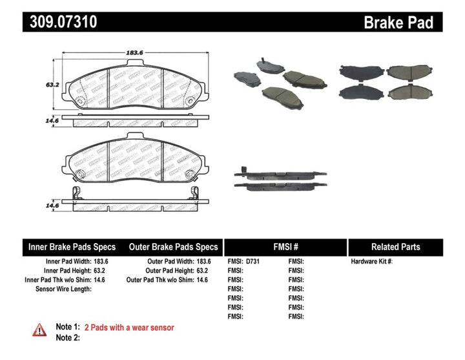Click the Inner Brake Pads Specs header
pos(72,247)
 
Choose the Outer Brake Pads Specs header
pos(173,247)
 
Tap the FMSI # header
pos(285,247)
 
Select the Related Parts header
pos(395,247)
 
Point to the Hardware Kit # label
pos(372,262)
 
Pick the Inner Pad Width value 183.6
pos(103,262)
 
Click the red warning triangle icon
pos(39,330)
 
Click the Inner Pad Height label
pos(67,271)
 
